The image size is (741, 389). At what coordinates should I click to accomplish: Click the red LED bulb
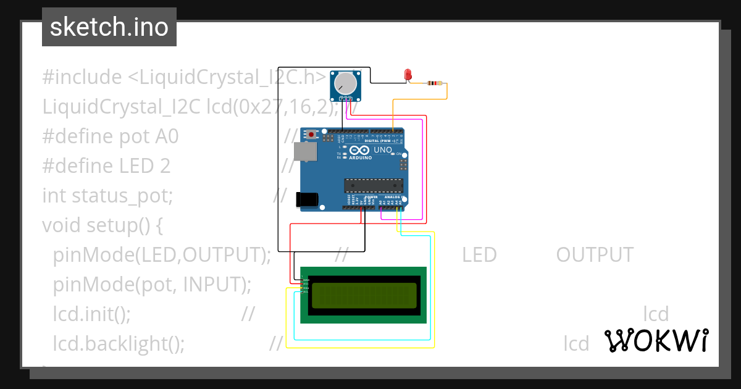point(407,75)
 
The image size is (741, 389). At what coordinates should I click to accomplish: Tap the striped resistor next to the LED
point(435,83)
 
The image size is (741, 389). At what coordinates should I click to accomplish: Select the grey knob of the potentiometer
point(345,83)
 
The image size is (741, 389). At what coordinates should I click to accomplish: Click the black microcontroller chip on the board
point(374,185)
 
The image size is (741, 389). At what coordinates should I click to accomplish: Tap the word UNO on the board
point(383,150)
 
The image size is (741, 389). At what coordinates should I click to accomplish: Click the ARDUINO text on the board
point(361,158)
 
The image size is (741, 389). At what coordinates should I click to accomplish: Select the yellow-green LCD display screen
point(364,295)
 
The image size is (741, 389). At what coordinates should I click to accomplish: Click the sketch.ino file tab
point(109,27)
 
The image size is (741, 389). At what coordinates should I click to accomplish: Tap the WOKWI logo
point(656,340)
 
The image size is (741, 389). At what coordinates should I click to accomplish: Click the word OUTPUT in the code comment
point(594,254)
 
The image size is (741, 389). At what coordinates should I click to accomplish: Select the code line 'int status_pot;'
point(107,195)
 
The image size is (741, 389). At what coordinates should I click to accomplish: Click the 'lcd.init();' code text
point(91,314)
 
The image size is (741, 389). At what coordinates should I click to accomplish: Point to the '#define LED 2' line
point(106,165)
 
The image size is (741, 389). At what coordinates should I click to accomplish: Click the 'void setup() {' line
point(102,225)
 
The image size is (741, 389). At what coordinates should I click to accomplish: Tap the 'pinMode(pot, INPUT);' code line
point(152,284)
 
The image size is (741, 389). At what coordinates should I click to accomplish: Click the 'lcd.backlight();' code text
point(119,343)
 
